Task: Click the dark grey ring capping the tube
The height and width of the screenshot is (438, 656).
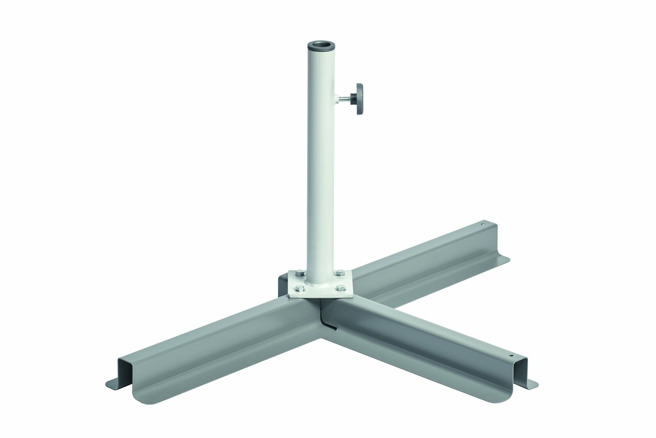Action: (318, 47)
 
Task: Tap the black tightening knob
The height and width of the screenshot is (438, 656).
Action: (360, 99)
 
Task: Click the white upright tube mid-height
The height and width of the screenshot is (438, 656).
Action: (318, 164)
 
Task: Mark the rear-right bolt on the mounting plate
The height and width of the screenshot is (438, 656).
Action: (339, 272)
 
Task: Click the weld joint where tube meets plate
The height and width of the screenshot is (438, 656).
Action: (319, 282)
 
